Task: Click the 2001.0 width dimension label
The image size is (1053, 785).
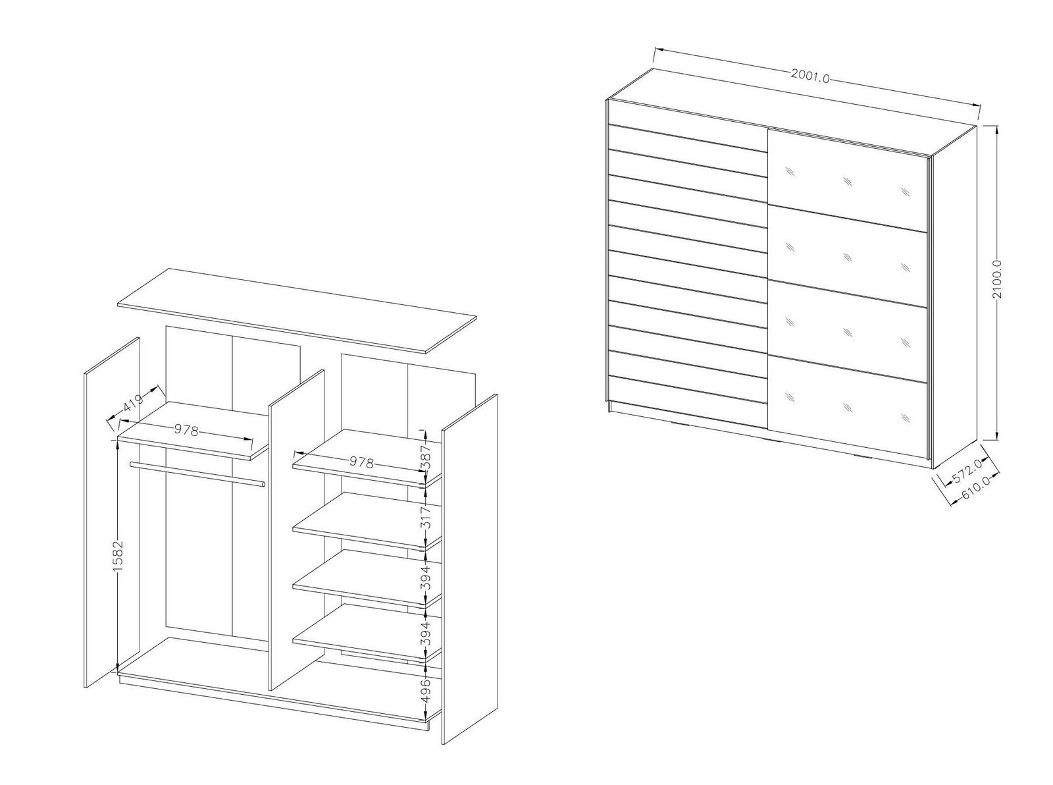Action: click(810, 76)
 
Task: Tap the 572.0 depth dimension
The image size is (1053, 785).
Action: click(967, 470)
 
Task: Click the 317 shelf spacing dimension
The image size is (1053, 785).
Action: click(426, 518)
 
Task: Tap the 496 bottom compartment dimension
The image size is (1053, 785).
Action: click(426, 691)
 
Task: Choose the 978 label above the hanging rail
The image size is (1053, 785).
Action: click(186, 429)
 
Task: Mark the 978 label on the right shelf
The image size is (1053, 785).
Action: click(361, 462)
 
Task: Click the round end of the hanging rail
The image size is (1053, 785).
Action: click(263, 484)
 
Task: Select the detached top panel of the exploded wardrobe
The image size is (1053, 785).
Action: click(297, 311)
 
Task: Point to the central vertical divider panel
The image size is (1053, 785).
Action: click(297, 530)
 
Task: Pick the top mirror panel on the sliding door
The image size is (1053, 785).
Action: click(848, 180)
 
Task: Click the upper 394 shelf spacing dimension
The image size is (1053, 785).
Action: click(426, 577)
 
